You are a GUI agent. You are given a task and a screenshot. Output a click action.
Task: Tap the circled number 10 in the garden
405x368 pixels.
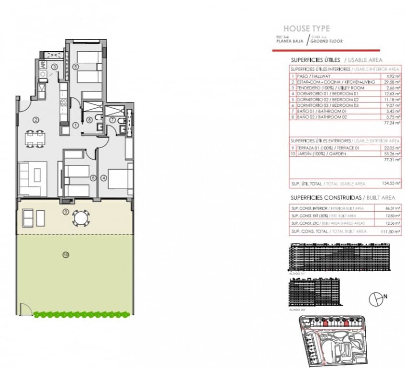[66, 254]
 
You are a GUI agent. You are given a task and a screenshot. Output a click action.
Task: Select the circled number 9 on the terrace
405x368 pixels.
[66, 211]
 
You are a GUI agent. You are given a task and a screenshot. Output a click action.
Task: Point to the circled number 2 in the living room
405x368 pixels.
[35, 119]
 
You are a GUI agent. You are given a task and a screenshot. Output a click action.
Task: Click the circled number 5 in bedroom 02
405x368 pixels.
[76, 67]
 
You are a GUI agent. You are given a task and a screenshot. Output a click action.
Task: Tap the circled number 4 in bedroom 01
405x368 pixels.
[104, 177]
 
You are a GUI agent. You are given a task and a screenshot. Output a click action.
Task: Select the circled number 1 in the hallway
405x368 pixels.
[76, 125]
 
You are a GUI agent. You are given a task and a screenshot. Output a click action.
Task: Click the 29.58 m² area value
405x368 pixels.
[390, 82]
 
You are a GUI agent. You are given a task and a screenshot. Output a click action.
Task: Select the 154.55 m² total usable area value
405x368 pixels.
[390, 184]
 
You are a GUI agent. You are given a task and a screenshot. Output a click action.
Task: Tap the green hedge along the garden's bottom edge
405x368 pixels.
[82, 314]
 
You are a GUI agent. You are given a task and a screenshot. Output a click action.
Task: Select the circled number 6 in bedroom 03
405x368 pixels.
[93, 177]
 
